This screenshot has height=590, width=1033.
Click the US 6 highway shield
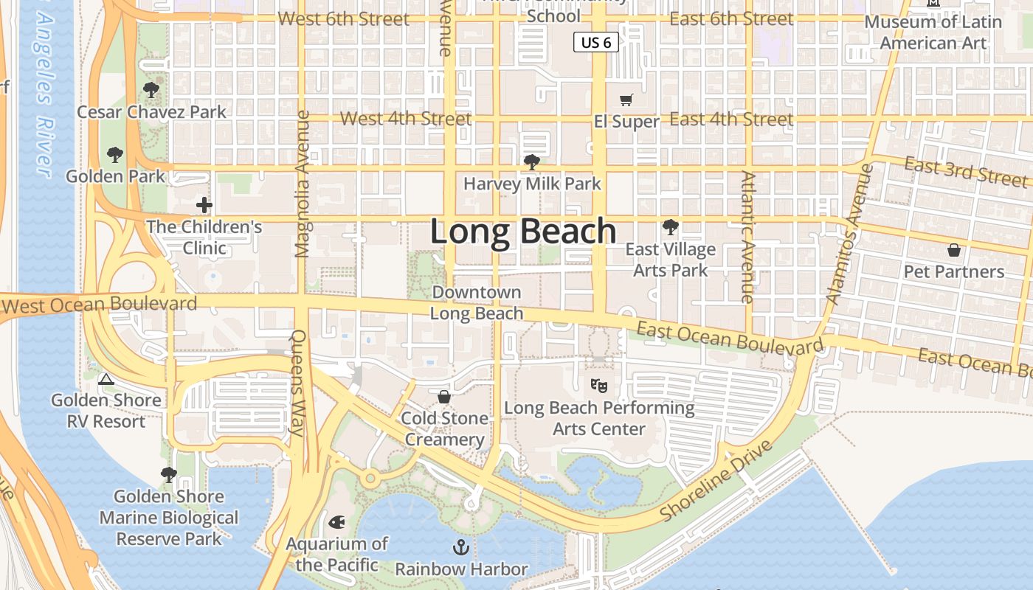click(x=595, y=43)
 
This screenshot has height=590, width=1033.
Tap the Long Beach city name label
click(x=523, y=232)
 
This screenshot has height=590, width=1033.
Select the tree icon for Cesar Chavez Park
click(x=151, y=91)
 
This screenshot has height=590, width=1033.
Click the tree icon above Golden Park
click(x=114, y=155)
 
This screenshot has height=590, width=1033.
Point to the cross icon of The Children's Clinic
click(x=204, y=205)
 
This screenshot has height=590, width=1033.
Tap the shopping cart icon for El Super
click(x=626, y=100)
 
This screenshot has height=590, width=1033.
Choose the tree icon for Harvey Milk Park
click(x=531, y=162)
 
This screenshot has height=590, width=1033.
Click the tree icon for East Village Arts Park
click(x=670, y=227)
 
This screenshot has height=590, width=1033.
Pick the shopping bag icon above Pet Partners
click(x=953, y=250)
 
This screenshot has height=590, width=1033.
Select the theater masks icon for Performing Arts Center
click(x=598, y=385)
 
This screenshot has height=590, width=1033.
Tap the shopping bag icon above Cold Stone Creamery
click(x=444, y=397)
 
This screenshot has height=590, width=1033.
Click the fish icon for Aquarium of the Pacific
click(x=337, y=523)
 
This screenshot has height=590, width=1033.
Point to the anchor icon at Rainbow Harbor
click(x=461, y=547)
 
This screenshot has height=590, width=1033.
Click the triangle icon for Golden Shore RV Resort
click(x=106, y=379)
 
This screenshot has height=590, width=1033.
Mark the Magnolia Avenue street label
click(x=302, y=184)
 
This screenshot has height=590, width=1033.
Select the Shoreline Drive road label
click(x=716, y=480)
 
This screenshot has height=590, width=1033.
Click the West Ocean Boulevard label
click(x=100, y=304)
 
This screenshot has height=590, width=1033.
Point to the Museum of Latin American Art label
click(x=933, y=32)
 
